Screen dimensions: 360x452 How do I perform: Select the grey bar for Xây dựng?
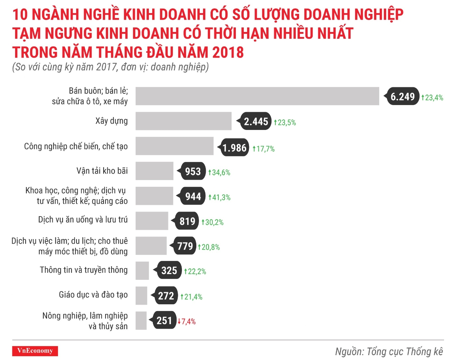[x=183, y=121]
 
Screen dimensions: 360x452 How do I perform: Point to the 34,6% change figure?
[x=219, y=173]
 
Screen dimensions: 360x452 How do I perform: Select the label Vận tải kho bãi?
[x=102, y=171]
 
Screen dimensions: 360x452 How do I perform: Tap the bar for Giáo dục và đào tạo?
[x=141, y=296]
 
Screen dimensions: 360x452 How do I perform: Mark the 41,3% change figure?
[x=220, y=197]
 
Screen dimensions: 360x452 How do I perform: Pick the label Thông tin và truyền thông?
[x=84, y=270]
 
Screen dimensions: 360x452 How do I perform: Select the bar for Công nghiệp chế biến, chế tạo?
[x=174, y=146]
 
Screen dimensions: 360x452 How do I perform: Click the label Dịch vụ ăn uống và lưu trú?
[x=83, y=220]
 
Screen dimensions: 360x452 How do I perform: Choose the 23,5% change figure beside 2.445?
[x=285, y=122]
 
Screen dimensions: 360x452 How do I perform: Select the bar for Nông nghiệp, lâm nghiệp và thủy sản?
[x=141, y=321]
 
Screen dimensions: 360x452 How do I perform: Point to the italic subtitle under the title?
[x=111, y=67]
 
